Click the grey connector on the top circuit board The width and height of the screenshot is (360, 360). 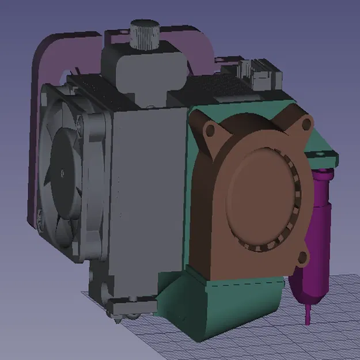tap(259, 70)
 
